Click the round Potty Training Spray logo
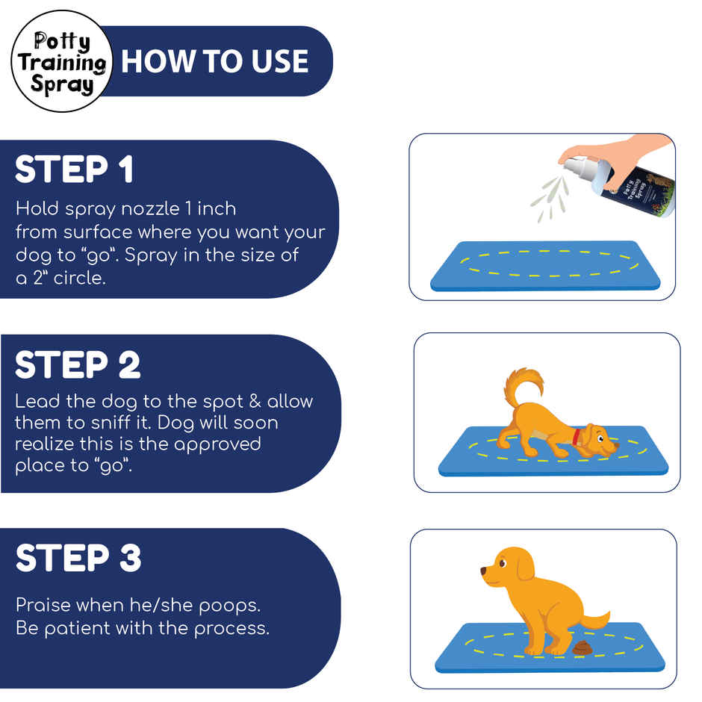[61, 62]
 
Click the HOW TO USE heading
[215, 61]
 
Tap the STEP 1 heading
[75, 170]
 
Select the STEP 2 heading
[78, 365]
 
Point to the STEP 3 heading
[78, 559]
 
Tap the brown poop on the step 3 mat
[580, 650]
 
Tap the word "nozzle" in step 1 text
[146, 208]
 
